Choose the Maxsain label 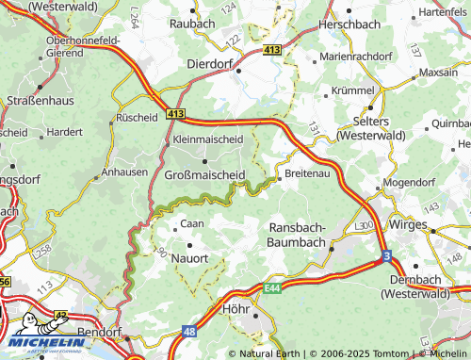[438, 72]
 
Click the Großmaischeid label [204, 175]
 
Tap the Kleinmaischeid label [207, 139]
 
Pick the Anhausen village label [124, 172]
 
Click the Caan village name [192, 224]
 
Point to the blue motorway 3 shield [386, 255]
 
